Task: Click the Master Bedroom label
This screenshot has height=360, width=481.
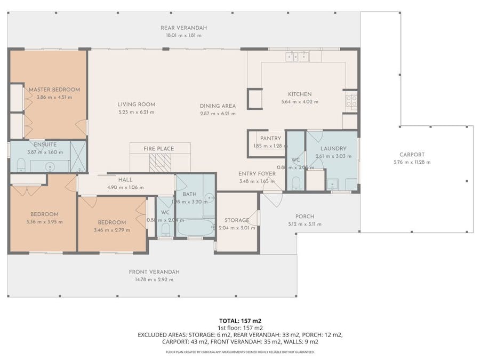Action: click(x=54, y=90)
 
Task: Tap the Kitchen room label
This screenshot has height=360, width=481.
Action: click(x=299, y=94)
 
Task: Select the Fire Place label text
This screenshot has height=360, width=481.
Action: click(x=159, y=149)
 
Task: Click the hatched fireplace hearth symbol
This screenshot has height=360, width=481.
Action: click(x=160, y=163)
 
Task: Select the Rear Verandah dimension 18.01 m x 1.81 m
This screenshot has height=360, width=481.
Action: click(x=183, y=36)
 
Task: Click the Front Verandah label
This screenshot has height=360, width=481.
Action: click(x=154, y=271)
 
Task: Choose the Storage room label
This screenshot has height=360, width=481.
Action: click(x=236, y=220)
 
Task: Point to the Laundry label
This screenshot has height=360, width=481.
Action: click(x=333, y=149)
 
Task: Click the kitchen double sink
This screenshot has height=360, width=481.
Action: click(x=297, y=56)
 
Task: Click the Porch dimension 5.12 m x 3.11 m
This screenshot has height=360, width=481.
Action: click(x=304, y=224)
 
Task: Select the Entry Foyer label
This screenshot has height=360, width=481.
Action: click(x=257, y=174)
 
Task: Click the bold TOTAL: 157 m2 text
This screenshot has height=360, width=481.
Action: click(x=240, y=321)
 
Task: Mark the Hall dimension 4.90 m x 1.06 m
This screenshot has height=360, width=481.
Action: click(x=125, y=188)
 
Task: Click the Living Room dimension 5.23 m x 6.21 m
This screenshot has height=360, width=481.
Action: click(x=136, y=112)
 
